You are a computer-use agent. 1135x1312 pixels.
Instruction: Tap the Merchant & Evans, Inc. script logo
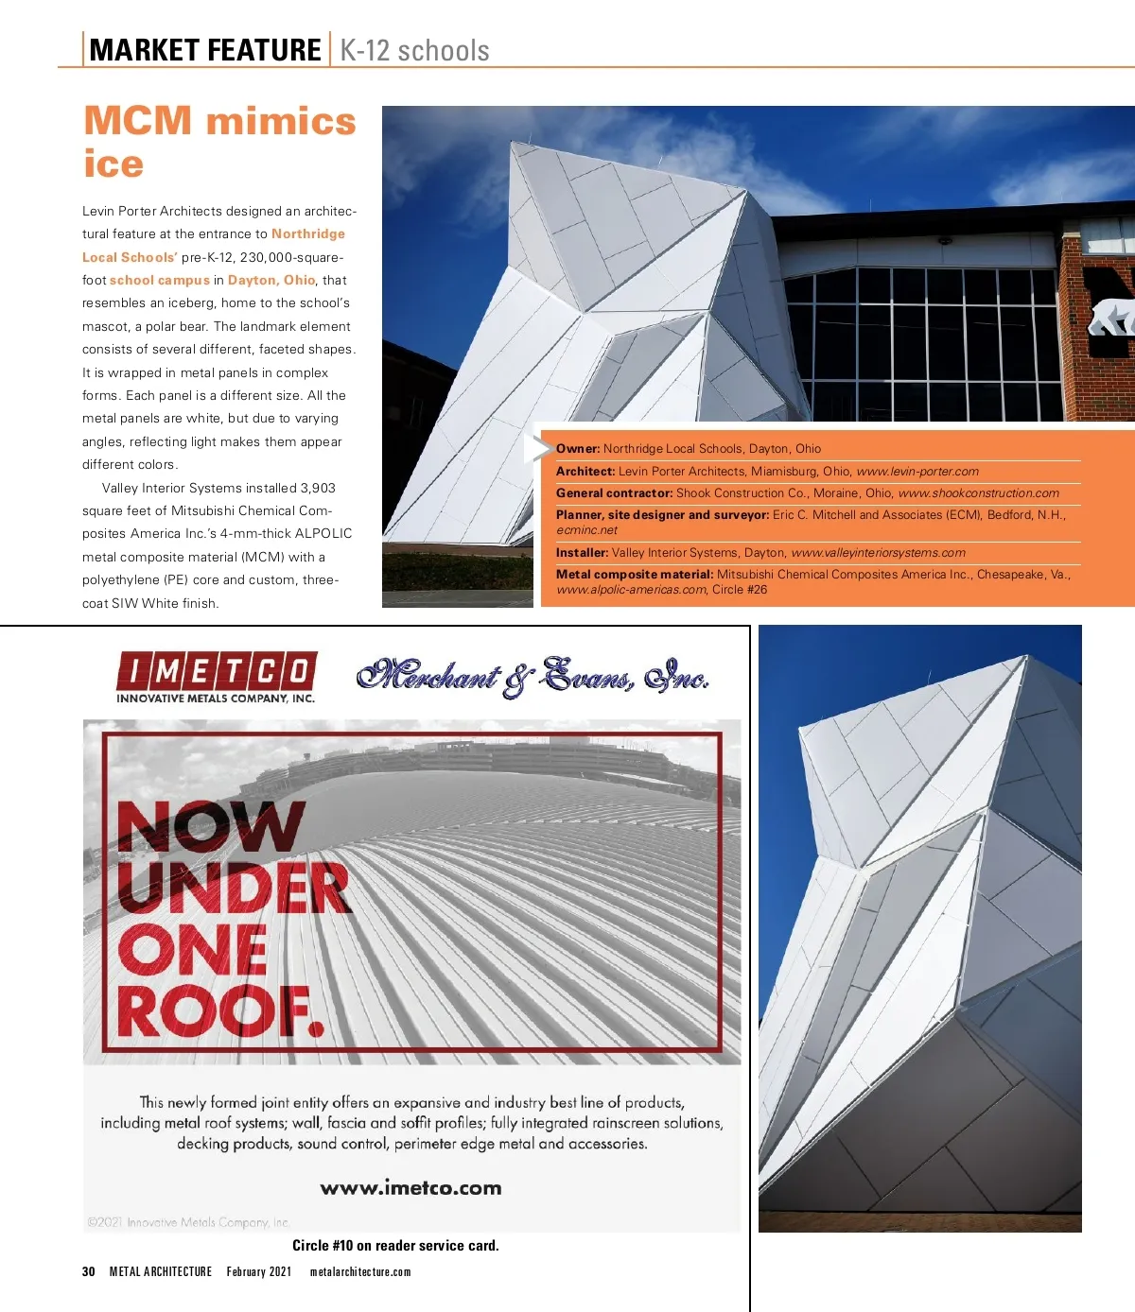click(x=533, y=677)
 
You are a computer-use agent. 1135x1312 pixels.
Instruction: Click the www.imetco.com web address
click(x=410, y=1188)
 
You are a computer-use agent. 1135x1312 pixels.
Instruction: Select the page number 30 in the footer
click(x=89, y=1271)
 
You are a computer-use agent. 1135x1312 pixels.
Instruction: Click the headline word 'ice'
click(x=113, y=164)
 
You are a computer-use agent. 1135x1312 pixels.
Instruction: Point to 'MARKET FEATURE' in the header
click(x=205, y=50)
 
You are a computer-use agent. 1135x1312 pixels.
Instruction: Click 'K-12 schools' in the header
click(x=414, y=50)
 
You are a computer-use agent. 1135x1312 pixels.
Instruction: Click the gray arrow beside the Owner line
click(x=538, y=448)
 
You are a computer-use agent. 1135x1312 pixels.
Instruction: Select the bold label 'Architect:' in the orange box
click(x=585, y=471)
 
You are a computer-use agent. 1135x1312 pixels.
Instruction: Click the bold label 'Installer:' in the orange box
click(x=582, y=553)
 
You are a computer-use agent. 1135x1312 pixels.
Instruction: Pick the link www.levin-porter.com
click(x=917, y=471)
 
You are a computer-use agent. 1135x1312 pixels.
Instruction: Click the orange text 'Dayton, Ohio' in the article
click(x=271, y=280)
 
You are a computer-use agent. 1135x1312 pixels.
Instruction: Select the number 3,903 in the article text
click(x=318, y=488)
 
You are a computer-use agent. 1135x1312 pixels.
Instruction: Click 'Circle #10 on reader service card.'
click(x=395, y=1246)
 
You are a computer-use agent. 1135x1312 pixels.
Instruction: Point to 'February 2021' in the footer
click(x=259, y=1271)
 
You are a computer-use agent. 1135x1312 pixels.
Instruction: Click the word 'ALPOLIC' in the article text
click(x=323, y=533)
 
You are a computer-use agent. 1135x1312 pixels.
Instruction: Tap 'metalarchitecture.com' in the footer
click(x=360, y=1271)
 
